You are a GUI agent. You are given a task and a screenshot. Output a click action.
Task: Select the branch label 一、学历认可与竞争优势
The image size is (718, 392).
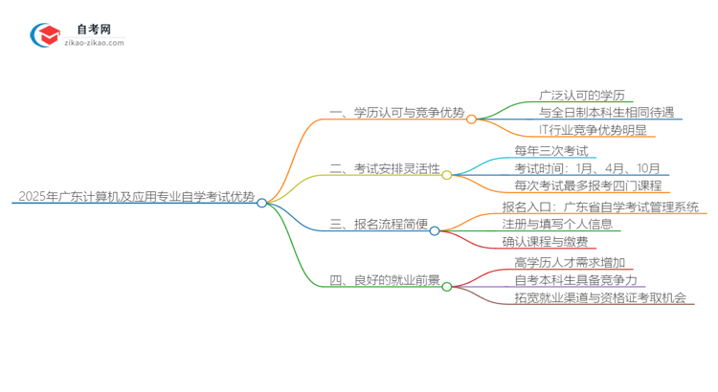[396, 113]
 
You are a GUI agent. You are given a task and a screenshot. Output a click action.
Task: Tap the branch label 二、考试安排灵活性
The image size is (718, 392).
[385, 169]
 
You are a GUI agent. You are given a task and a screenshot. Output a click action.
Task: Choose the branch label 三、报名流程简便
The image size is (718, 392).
[378, 226]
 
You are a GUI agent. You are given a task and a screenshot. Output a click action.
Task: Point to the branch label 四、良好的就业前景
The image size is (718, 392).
[385, 282]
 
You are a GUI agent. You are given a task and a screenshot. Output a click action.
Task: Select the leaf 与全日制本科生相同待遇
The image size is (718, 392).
[593, 112]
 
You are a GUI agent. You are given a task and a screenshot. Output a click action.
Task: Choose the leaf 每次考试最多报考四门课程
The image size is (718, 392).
[587, 185]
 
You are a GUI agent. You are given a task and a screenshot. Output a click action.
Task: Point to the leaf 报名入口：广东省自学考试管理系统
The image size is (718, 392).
[600, 207]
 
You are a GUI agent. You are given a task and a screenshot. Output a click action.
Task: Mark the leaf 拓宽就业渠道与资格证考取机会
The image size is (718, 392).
[599, 298]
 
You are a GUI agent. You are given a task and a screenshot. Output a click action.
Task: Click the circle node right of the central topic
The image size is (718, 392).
[261, 203]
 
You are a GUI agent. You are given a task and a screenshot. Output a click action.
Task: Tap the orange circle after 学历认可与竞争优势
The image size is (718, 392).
[471, 119]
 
